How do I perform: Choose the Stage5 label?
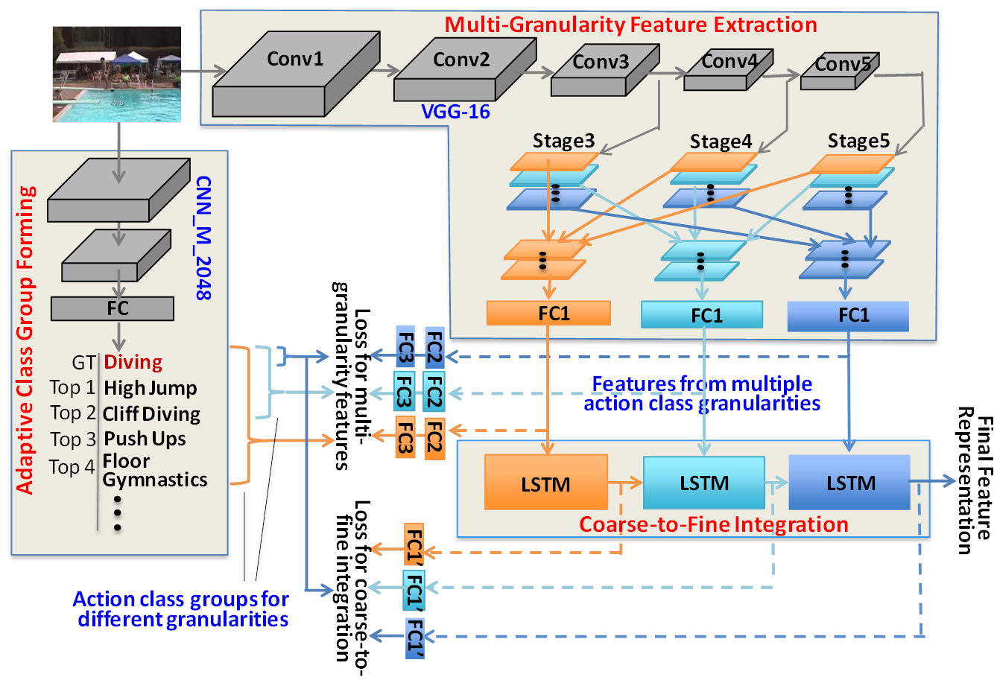[858, 142]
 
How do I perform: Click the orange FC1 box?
[548, 314]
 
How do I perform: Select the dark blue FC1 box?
[848, 316]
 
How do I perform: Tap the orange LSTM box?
[545, 483]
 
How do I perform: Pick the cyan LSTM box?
[703, 483]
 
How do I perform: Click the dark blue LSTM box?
[849, 483]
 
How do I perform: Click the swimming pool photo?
[117, 74]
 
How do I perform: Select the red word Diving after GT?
[133, 363]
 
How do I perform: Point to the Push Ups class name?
[145, 439]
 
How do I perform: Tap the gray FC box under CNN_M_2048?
[113, 308]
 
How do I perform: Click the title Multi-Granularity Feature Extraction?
[630, 25]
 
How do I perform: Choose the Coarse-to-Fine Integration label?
[714, 524]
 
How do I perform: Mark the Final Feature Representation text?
[974, 480]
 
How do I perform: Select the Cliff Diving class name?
[151, 413]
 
